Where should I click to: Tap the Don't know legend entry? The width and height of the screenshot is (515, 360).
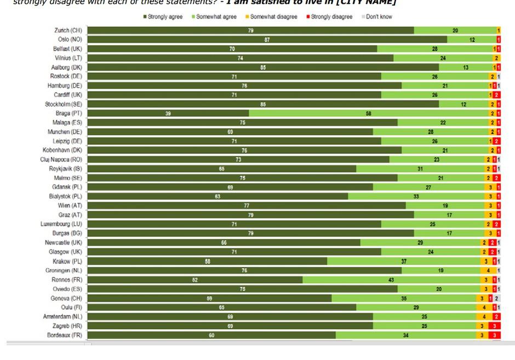[x=378, y=17]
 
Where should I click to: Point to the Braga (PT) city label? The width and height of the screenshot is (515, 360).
[x=69, y=113]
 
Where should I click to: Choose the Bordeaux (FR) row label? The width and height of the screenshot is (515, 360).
[x=64, y=335]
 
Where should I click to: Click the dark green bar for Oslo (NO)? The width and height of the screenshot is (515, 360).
[x=267, y=40]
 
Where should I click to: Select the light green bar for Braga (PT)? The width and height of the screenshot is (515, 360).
[x=369, y=113]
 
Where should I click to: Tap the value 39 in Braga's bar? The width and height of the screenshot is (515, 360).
[x=168, y=113]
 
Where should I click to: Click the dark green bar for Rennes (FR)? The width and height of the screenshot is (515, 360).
[x=195, y=280]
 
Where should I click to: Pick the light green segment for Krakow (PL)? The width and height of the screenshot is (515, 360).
[x=404, y=261]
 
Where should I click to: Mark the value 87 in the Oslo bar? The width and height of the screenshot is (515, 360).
[x=267, y=40]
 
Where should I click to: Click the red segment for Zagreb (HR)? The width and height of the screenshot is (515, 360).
[x=494, y=326]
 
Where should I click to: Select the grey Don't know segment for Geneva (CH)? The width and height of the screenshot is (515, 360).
[x=497, y=299]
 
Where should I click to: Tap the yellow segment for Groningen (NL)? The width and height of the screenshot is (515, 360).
[x=488, y=271]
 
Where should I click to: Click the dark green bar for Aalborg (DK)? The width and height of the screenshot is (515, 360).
[x=263, y=67]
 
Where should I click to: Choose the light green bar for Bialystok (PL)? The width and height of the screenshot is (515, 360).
[x=416, y=196]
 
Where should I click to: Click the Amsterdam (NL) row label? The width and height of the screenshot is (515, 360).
[x=62, y=317]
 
